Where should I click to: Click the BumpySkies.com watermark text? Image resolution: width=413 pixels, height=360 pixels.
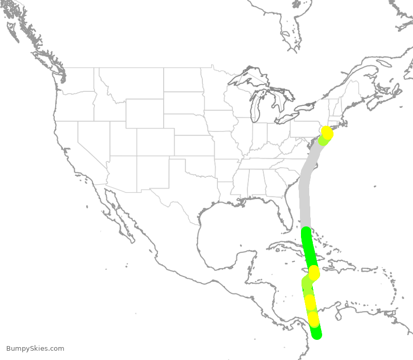35,349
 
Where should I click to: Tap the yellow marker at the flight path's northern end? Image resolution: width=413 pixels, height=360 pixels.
327,132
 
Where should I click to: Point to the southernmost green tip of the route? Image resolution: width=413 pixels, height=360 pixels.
317,335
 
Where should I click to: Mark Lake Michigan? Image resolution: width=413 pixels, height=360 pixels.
257,106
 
